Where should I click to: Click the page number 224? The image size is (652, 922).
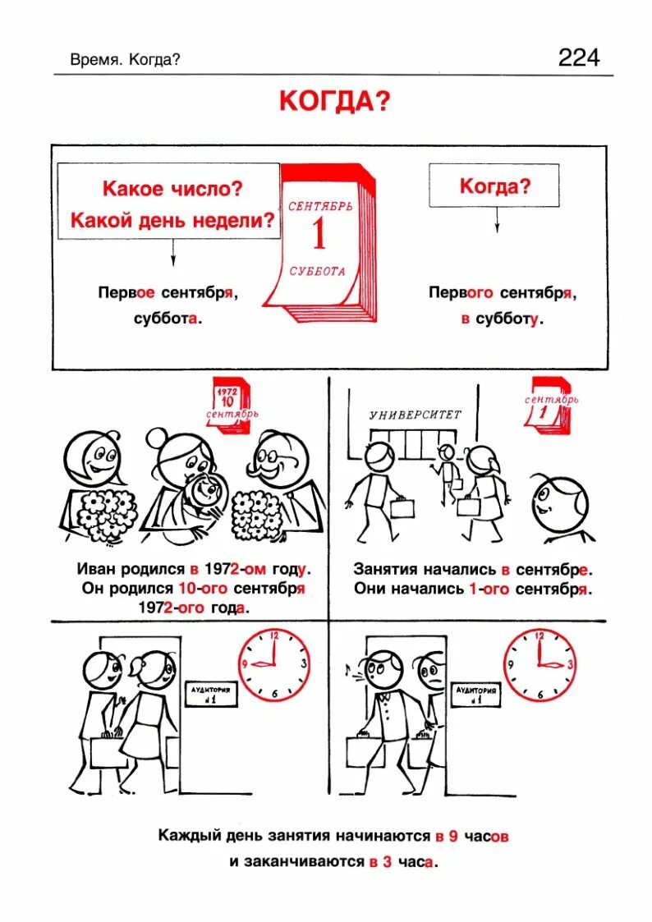coord(579,57)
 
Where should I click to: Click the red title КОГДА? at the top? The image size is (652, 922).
coord(334,101)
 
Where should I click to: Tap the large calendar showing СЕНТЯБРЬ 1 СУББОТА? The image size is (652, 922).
coord(324,242)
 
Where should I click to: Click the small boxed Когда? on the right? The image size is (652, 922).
coord(494,186)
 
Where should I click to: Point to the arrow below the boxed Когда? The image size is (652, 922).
coord(496,220)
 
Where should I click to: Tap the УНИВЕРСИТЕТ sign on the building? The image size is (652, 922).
coord(416,415)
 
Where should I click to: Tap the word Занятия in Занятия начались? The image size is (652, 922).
coord(385,568)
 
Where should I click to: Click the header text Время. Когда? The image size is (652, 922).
coord(125,59)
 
